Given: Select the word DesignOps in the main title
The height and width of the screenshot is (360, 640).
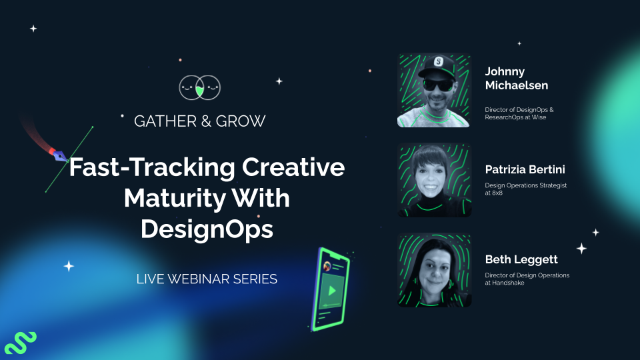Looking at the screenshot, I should (x=207, y=229).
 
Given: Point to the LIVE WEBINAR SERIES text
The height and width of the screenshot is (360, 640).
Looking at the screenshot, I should (x=207, y=279).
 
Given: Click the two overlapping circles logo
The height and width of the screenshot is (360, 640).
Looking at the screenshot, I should (x=200, y=87).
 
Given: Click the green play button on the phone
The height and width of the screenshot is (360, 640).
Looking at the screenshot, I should (x=329, y=291).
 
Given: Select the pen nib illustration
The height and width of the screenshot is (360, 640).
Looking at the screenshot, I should (x=59, y=155).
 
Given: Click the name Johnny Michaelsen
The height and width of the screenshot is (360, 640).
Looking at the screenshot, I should (x=517, y=78).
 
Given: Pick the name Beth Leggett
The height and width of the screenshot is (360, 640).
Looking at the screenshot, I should (x=521, y=259).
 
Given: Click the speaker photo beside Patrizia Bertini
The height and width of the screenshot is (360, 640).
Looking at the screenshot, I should (x=435, y=180).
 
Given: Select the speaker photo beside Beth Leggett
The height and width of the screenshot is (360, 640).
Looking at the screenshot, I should (x=435, y=270).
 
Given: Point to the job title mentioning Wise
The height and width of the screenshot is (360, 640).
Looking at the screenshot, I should (x=519, y=113).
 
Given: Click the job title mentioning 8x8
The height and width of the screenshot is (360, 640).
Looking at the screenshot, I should (x=525, y=189).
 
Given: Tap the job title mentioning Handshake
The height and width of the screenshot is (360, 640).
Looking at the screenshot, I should (x=527, y=279).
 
